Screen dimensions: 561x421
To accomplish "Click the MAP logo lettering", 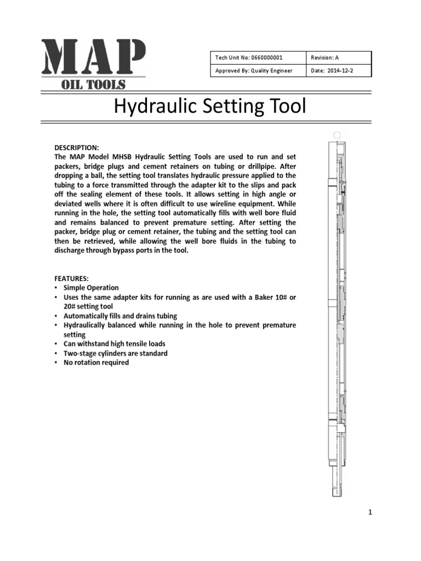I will [93, 58].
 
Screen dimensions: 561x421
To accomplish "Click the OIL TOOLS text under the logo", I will [93, 84].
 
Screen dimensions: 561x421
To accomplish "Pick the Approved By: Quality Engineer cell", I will [254, 71].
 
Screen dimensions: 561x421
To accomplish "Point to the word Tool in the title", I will [283, 106].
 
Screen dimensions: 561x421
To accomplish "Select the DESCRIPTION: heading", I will [76, 148].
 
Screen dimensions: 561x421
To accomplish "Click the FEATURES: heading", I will [72, 278].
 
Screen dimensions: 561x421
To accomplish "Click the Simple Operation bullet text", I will [91, 288].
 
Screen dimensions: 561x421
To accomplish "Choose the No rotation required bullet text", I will [96, 363].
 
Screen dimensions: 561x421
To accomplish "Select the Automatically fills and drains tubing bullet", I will [120, 316].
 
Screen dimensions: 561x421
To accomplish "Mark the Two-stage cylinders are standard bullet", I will [116, 353].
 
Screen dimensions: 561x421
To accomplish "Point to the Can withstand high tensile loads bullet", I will [115, 344].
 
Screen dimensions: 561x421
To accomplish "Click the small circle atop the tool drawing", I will [337, 135].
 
